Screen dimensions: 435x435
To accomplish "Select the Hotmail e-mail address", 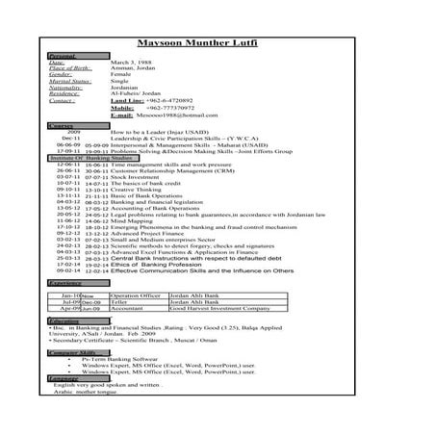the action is click(184, 115).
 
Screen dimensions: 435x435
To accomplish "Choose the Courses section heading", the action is click(61, 128).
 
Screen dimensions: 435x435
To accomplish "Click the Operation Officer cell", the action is click(134, 295).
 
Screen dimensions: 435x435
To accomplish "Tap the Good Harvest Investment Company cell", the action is click(218, 309).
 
